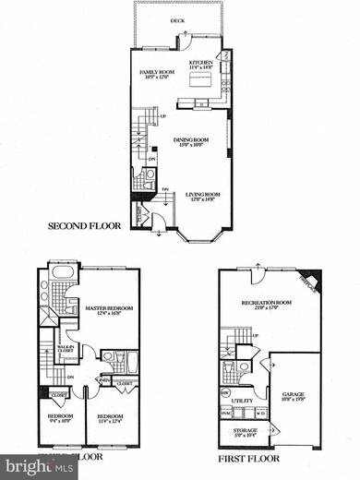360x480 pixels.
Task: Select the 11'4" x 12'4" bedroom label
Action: pos(111,417)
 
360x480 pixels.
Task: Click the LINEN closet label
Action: pos(105,380)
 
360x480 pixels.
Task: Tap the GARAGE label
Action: pos(294,395)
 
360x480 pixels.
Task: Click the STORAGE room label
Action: pos(244,429)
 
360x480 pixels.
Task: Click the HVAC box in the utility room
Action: pos(225,412)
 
